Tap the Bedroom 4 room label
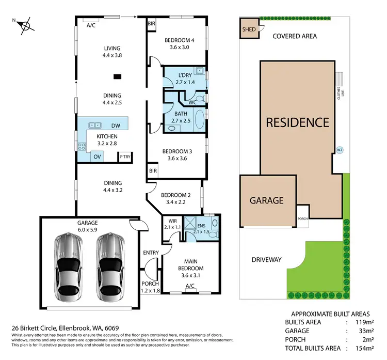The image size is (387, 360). tap(178, 40)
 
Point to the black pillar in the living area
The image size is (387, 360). tap(118, 77)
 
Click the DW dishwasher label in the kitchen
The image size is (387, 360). tap(116, 126)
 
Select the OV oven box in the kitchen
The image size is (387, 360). tap(97, 156)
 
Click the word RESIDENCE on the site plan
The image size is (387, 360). tap(297, 122)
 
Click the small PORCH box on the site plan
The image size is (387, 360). tap(302, 217)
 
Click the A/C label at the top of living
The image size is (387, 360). tap(91, 25)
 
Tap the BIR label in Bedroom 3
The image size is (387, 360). tap(153, 170)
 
